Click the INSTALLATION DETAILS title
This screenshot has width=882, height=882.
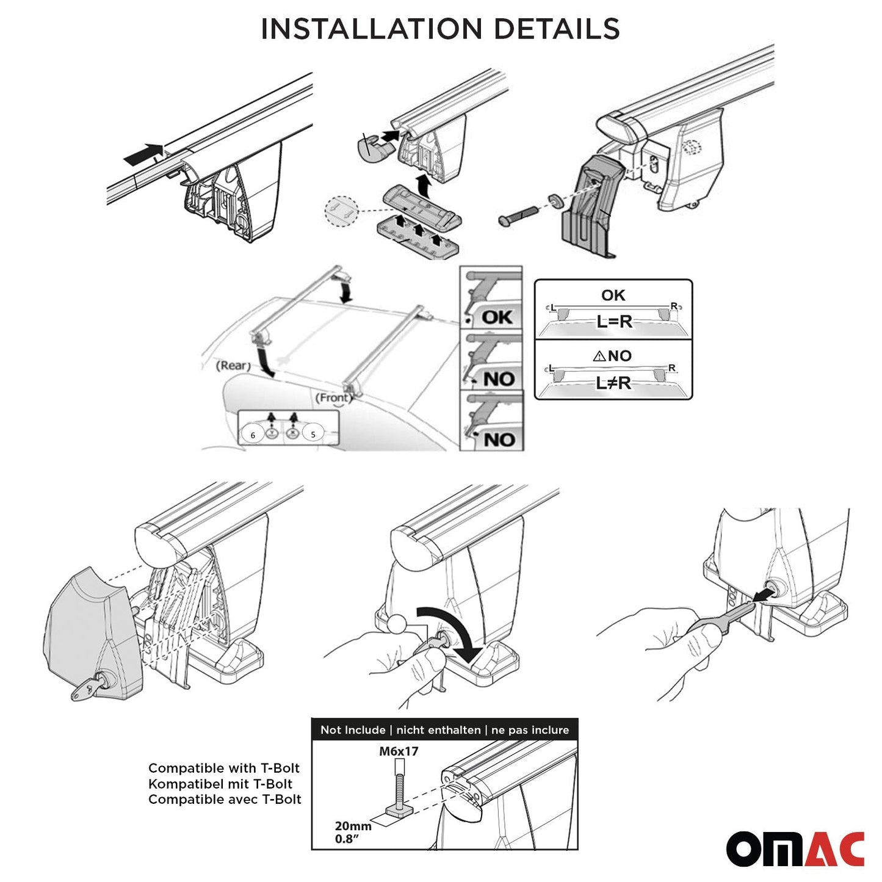pos(440,29)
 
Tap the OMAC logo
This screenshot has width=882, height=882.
pos(795,848)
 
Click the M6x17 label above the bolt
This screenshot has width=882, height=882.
pos(399,751)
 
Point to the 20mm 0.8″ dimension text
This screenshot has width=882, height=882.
pos(352,833)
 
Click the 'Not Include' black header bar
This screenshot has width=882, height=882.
pos(444,730)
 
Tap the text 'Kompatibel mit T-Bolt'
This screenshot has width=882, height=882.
pos(220,784)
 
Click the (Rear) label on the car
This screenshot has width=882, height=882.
pos(233,366)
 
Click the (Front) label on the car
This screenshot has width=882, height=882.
pos(333,398)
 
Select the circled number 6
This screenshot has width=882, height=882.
pos(253,435)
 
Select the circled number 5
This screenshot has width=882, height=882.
pos(313,434)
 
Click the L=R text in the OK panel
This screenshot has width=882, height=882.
pos(614,322)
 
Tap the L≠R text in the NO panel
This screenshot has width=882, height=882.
pos(613,383)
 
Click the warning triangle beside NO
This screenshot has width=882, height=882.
pos(599,356)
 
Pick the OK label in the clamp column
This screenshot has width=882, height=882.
pos(497,317)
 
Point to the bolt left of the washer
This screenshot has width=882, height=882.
pos(518,214)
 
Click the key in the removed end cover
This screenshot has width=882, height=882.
pos(87,688)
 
